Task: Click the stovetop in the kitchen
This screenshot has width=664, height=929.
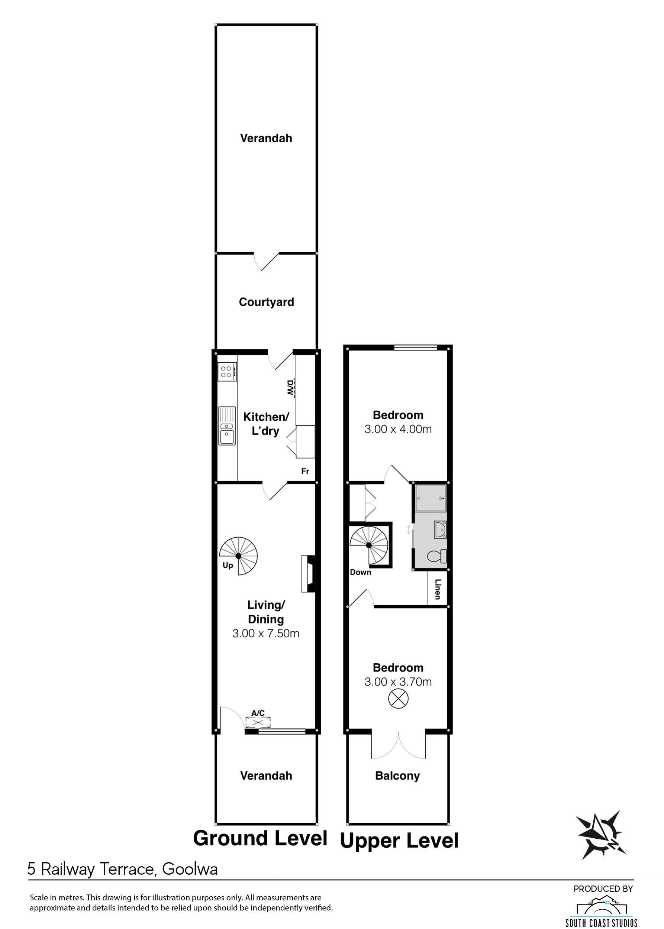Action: coord(227,372)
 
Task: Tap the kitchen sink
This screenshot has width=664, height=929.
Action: coord(227,426)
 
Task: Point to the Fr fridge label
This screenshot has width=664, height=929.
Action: coord(305,471)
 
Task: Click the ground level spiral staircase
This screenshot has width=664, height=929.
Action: coord(238,556)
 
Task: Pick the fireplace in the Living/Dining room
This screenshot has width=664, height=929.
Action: coord(309,573)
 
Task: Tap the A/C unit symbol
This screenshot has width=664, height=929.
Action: coord(257,722)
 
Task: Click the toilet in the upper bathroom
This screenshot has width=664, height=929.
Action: coord(437,556)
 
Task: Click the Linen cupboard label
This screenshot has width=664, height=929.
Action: coord(438,589)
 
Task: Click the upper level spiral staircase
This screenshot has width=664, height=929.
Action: coord(369,545)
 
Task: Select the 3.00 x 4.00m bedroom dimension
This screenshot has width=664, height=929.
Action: coord(398,429)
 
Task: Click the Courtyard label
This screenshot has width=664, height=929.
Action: coord(266,302)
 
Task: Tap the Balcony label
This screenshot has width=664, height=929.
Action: coord(397,776)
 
